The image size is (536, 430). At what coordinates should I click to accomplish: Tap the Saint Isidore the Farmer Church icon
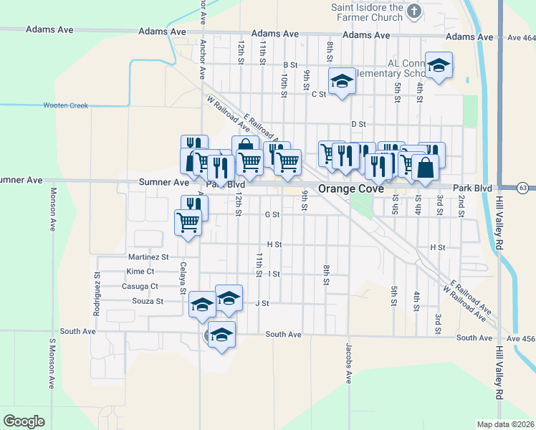pyautogui.click(x=413, y=11)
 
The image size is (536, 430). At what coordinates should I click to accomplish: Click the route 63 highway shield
pyautogui.click(x=524, y=188)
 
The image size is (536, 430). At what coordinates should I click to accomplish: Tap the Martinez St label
pyautogui.click(x=148, y=257)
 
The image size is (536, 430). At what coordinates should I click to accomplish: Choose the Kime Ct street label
pyautogui.click(x=140, y=272)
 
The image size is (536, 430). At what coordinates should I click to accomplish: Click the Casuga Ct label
pyautogui.click(x=140, y=286)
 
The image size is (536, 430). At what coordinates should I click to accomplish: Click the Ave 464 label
pyautogui.click(x=520, y=38)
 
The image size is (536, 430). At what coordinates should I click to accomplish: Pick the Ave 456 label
pyautogui.click(x=520, y=338)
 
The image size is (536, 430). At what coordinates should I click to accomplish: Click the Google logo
pyautogui.click(x=24, y=421)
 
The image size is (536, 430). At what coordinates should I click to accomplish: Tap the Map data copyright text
pyautogui.click(x=504, y=424)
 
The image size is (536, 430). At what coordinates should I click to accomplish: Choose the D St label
pyautogui.click(x=359, y=124)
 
